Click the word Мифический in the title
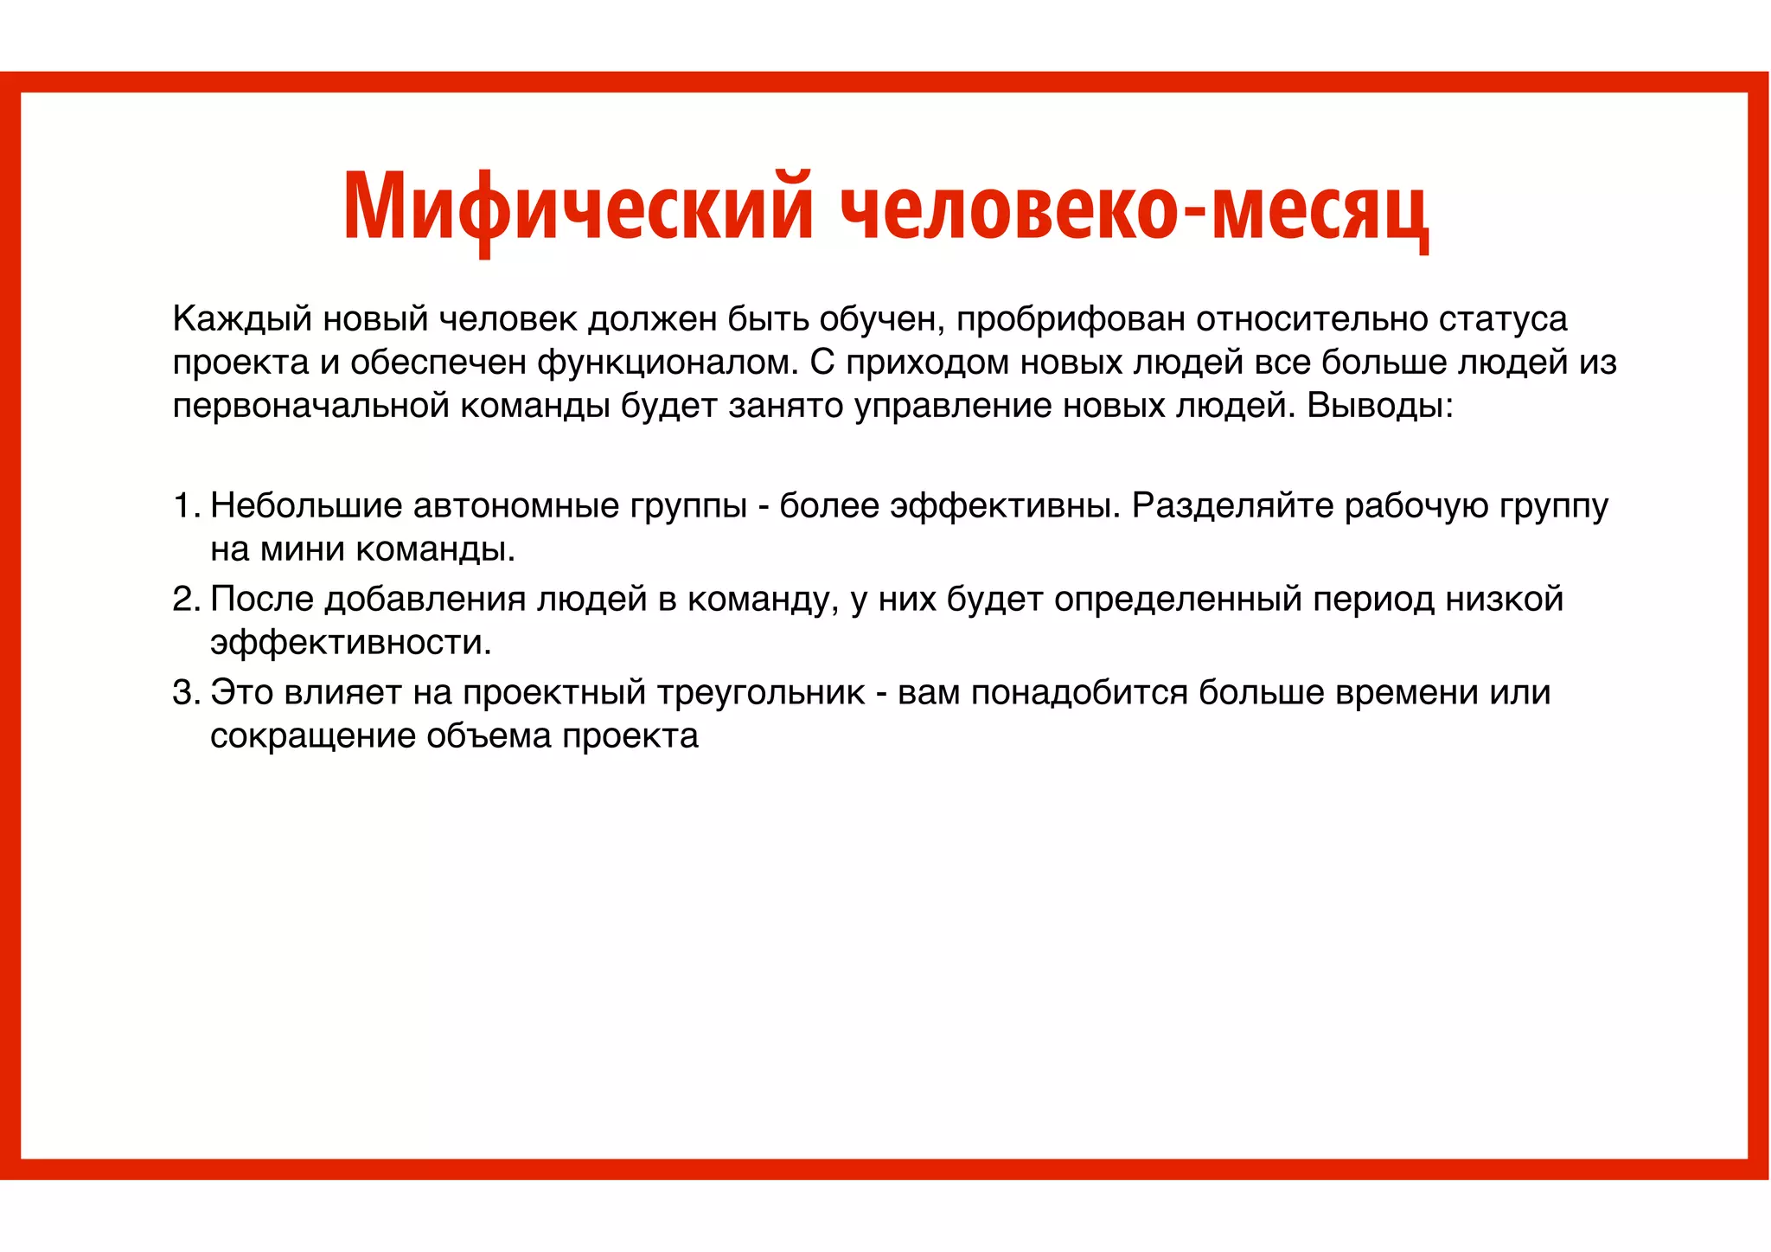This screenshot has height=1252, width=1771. tap(578, 208)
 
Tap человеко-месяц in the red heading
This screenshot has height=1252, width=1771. tap(1134, 208)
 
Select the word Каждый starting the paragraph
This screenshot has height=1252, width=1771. tap(242, 319)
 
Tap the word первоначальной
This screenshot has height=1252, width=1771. tap(310, 406)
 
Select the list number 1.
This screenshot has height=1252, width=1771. tap(186, 506)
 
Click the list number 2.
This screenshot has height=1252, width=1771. tap(186, 600)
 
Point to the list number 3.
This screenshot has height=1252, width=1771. tap(186, 693)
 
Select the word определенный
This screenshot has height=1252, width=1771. tap(1178, 600)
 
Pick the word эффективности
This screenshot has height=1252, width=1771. tap(350, 643)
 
